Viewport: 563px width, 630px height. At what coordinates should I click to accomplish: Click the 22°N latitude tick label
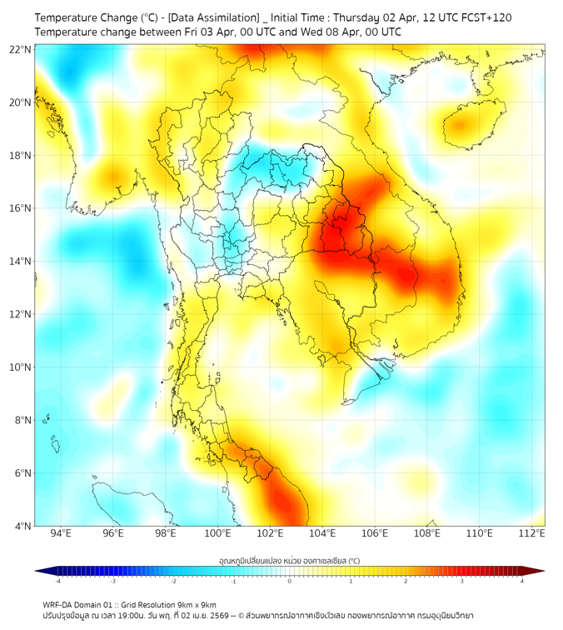click(21, 49)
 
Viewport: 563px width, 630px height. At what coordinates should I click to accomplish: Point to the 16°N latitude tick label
click(21, 208)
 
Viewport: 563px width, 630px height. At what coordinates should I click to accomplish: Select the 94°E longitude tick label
click(61, 533)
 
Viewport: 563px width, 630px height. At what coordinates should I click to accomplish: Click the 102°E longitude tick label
click(271, 533)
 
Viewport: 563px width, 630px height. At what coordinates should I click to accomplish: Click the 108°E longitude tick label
click(428, 533)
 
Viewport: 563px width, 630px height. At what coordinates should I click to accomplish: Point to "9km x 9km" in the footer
click(195, 605)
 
